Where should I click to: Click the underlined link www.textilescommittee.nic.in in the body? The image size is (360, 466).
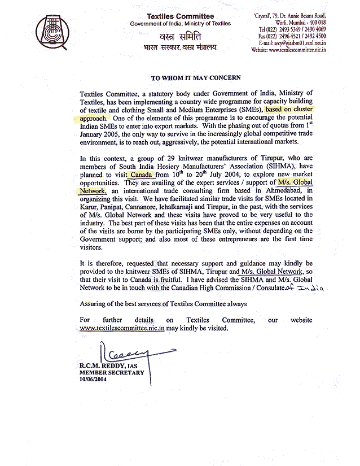tap(122, 328)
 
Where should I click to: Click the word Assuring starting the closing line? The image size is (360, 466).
tap(95, 304)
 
